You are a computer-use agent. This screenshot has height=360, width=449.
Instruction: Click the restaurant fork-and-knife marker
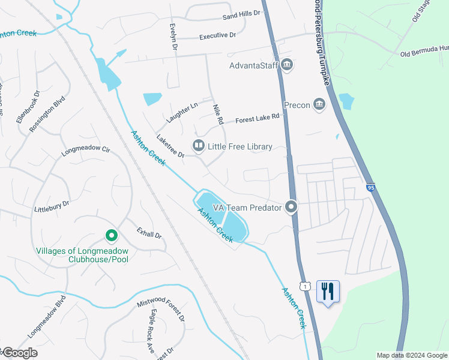(328, 292)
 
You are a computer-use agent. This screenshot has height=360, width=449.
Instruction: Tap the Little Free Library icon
(197, 146)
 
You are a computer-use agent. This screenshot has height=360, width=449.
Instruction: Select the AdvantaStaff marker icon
(286, 64)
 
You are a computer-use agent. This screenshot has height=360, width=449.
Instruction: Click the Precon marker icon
(319, 105)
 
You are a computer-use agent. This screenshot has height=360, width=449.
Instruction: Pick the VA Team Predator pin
(291, 207)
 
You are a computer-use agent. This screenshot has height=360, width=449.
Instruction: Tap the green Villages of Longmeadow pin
(110, 235)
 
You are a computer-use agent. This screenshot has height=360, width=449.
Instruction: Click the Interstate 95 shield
(370, 187)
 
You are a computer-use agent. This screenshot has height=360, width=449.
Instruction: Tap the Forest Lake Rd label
(258, 118)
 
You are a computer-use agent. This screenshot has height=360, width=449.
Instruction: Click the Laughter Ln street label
(182, 112)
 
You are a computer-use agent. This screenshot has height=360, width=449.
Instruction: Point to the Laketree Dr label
(170, 146)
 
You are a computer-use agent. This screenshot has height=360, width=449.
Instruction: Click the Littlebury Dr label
(52, 205)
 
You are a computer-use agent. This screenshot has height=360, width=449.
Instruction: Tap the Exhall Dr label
(149, 232)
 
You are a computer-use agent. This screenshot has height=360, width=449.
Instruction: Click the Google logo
(19, 353)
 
